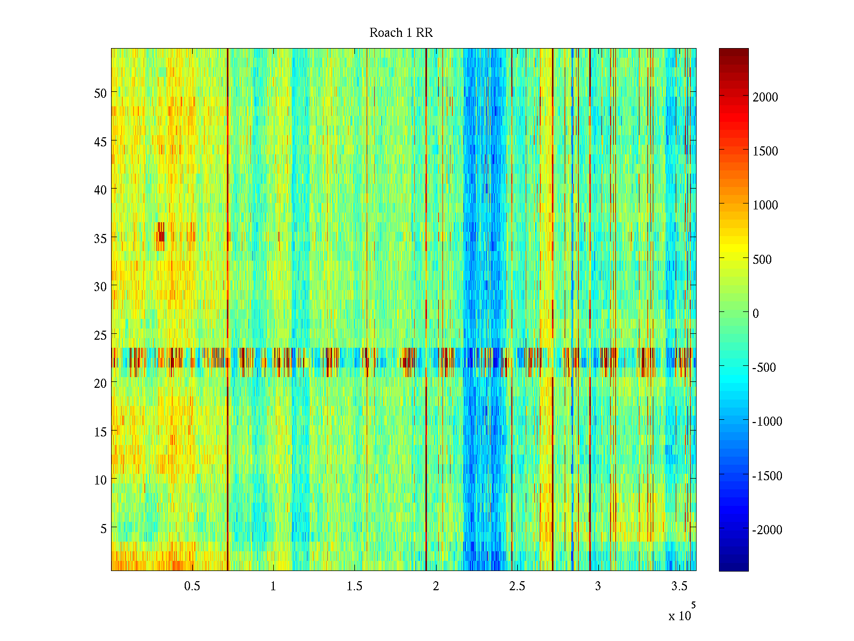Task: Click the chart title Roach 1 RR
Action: [401, 33]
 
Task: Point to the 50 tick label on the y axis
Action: [100, 93]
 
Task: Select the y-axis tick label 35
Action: [100, 238]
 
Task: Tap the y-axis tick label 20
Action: [100, 383]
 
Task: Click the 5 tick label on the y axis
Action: [104, 528]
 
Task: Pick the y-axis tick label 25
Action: [100, 335]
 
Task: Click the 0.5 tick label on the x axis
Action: [192, 587]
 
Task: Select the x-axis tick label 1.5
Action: [354, 587]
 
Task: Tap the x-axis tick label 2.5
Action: [517, 587]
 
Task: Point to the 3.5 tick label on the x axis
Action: [679, 587]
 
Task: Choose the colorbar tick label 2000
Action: [765, 97]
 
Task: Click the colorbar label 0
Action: [755, 314]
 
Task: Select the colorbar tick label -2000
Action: [767, 530]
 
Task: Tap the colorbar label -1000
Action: [767, 421]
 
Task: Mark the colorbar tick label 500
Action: [762, 260]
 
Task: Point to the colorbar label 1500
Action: [765, 151]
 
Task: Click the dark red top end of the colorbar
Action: [733, 52]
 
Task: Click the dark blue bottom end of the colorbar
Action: [733, 567]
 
